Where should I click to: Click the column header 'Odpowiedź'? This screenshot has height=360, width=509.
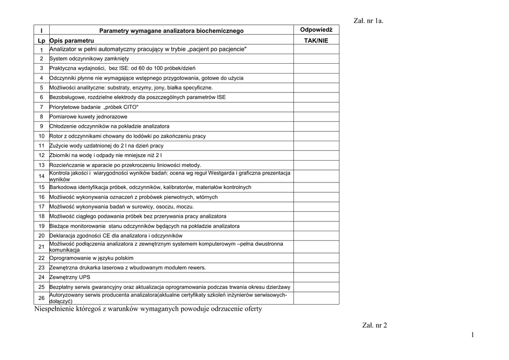[x=316, y=30]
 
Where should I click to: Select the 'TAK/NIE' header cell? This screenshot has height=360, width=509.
[x=316, y=40]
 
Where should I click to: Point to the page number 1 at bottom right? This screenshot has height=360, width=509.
[x=473, y=336]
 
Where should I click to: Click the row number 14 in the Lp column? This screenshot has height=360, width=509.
[x=41, y=176]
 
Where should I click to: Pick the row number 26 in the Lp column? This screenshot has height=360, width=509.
[x=41, y=298]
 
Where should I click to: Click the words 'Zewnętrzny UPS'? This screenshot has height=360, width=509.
[x=70, y=277]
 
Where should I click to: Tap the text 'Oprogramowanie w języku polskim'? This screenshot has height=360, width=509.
[x=91, y=258]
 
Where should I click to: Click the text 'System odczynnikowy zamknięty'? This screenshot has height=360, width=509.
[x=89, y=58]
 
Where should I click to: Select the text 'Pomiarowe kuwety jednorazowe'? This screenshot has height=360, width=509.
[x=88, y=116]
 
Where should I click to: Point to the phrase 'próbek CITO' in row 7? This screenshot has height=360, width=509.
[x=121, y=107]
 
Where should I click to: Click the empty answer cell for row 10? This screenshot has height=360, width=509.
[x=316, y=136]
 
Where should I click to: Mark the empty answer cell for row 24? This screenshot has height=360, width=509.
[x=316, y=277]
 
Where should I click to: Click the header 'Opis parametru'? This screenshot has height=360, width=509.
[x=72, y=40]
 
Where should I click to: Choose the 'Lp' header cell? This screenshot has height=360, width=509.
[x=41, y=40]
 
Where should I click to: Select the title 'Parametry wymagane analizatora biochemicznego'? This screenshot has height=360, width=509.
[x=171, y=31]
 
